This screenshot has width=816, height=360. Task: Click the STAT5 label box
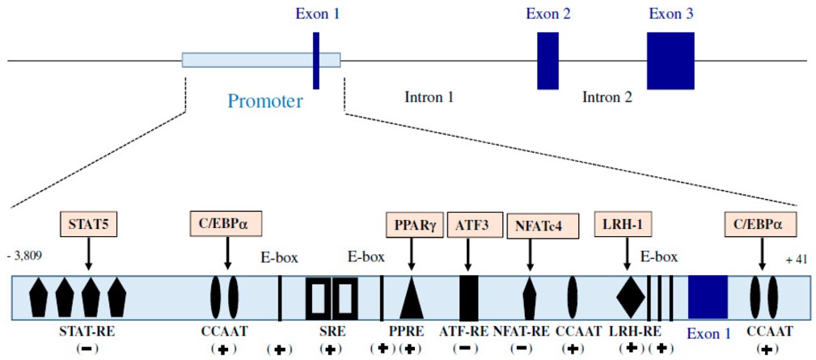click(89, 223)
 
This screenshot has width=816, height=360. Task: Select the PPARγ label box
click(412, 223)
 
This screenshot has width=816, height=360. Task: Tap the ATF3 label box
click(468, 223)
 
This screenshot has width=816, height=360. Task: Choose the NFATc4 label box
click(530, 224)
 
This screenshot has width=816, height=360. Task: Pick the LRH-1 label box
click(626, 223)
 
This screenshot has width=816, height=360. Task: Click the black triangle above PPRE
click(412, 299)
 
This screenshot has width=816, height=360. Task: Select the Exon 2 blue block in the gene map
click(548, 61)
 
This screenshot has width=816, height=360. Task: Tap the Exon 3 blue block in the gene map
click(670, 61)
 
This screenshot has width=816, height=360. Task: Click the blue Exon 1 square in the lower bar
click(708, 298)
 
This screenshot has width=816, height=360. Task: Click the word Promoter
click(265, 102)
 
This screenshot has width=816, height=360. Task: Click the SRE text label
click(330, 332)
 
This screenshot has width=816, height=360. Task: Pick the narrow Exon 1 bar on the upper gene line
click(316, 60)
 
